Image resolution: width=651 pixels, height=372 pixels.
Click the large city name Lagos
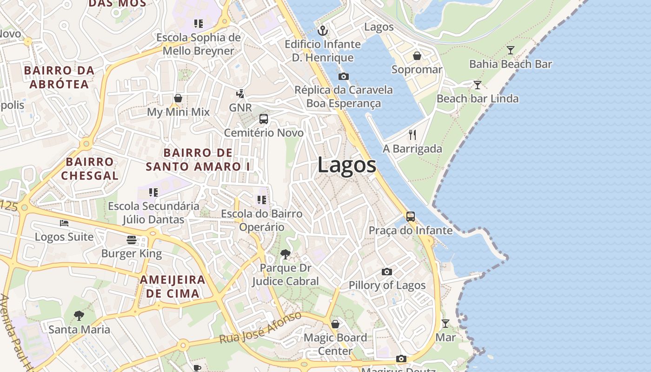(347, 166)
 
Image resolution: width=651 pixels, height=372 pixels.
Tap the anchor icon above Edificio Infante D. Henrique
(322, 31)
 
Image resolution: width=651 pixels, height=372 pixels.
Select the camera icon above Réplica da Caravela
(344, 77)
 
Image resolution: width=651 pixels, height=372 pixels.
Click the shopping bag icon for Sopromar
(417, 56)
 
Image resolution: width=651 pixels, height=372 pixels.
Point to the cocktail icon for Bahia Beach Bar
(511, 50)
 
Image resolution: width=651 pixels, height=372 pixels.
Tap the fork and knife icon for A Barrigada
(412, 135)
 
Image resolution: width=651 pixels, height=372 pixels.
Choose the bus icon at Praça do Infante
(411, 217)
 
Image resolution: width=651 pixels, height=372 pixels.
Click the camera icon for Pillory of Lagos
(387, 272)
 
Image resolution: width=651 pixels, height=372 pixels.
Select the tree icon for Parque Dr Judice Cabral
(286, 254)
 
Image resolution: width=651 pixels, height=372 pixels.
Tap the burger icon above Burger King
(132, 240)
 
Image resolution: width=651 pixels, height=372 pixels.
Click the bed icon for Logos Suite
(64, 223)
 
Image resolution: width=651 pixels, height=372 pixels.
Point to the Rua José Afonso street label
(260, 328)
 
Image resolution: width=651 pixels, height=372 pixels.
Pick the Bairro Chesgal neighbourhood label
(90, 168)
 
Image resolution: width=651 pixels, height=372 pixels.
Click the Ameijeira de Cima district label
(173, 286)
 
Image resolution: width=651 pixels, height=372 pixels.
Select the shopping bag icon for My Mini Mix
(178, 98)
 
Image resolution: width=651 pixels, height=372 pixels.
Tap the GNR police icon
(240, 94)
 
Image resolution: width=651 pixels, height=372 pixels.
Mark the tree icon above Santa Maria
(79, 316)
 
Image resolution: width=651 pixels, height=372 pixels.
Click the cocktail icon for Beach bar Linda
(477, 85)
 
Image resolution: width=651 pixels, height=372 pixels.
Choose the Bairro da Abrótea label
(59, 77)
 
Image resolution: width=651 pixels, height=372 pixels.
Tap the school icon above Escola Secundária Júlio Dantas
(153, 192)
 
